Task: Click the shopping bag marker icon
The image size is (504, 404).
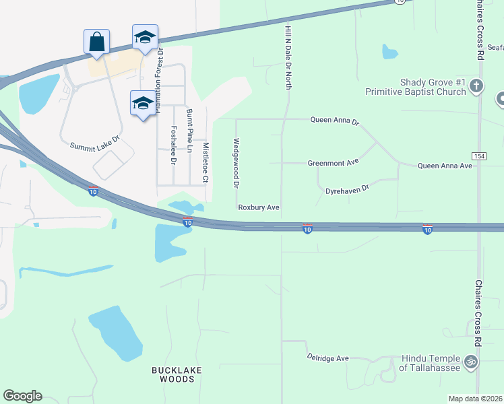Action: click(96, 41)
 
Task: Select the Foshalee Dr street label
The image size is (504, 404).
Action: click(173, 145)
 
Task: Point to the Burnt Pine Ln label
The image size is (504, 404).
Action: click(189, 130)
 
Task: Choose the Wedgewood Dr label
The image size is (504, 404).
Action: click(236, 163)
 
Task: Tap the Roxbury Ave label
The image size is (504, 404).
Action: click(259, 207)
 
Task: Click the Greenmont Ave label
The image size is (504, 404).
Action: click(333, 163)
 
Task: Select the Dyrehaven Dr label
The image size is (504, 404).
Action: click(348, 190)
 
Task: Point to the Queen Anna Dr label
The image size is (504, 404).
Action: click(335, 121)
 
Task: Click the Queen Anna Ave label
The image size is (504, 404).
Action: click(445, 165)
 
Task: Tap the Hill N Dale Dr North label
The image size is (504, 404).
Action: click(288, 54)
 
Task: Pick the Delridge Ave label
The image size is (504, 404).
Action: click(327, 358)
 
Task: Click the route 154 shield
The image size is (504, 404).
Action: click(479, 156)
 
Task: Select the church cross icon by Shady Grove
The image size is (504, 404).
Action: click(476, 86)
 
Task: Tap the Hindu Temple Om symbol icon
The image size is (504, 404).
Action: click(471, 361)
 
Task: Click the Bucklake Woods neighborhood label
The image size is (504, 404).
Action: click(173, 374)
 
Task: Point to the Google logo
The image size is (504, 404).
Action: click(22, 396)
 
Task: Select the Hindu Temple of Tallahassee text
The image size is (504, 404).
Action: click(431, 362)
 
